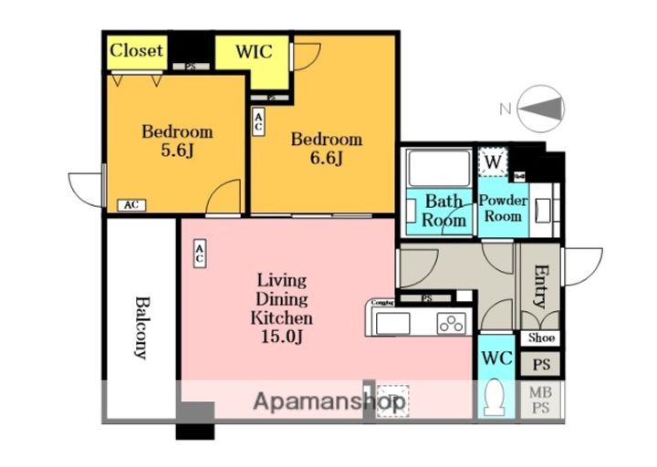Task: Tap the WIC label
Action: [x=253, y=51]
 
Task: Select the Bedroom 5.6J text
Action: [x=176, y=140]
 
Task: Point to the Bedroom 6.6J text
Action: [x=326, y=149]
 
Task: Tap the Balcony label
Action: [x=141, y=327]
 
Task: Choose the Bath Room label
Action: [x=444, y=211]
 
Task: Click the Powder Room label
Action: [x=502, y=208]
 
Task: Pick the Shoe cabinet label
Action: [x=541, y=337]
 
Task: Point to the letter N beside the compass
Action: [x=505, y=109]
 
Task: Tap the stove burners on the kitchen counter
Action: [x=451, y=323]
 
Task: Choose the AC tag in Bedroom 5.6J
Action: [x=130, y=205]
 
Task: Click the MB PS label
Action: [x=541, y=399]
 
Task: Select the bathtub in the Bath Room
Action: [x=437, y=168]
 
